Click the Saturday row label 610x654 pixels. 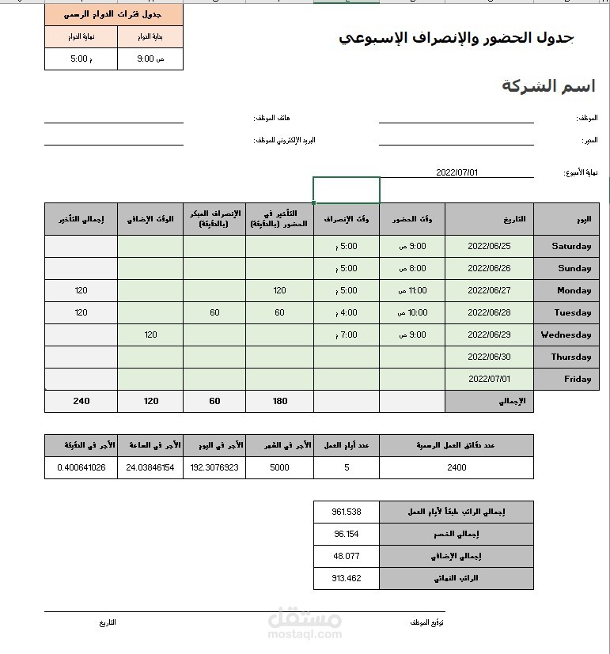(571, 246)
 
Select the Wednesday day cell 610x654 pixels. (566, 335)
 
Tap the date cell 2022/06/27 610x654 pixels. (489, 290)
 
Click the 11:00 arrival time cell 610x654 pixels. (412, 290)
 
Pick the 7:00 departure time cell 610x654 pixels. (347, 335)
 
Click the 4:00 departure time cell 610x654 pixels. (347, 312)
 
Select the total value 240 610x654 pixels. (81, 401)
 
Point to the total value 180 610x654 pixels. (279, 401)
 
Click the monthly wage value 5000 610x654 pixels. (279, 467)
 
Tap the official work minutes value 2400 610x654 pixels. (457, 467)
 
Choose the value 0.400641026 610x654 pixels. (81, 467)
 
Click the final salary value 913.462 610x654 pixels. (347, 578)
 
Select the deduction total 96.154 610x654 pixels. (347, 534)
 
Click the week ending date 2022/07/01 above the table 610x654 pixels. (457, 172)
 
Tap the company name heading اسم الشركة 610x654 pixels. (548, 86)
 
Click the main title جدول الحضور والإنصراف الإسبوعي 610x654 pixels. (457, 38)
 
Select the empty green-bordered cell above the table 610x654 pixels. (347, 190)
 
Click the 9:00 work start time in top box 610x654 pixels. (150, 59)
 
